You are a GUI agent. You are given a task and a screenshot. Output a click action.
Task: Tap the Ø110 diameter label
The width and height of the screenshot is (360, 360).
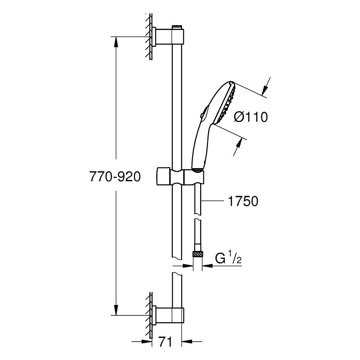click(x=251, y=117)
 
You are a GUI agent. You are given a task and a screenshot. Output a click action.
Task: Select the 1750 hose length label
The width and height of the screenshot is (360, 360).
click(x=243, y=201)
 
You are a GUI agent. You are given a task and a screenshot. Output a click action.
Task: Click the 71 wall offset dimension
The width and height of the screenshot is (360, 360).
click(x=165, y=342)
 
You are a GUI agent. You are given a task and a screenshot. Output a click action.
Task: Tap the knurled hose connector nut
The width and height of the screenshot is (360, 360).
click(x=197, y=254)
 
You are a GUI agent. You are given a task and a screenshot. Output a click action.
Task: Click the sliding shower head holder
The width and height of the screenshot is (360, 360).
click(x=180, y=176)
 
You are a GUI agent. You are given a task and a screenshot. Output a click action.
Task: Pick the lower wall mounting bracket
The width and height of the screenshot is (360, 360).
click(x=168, y=315)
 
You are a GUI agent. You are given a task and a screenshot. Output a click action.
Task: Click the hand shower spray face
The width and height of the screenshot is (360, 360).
click(x=226, y=103)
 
